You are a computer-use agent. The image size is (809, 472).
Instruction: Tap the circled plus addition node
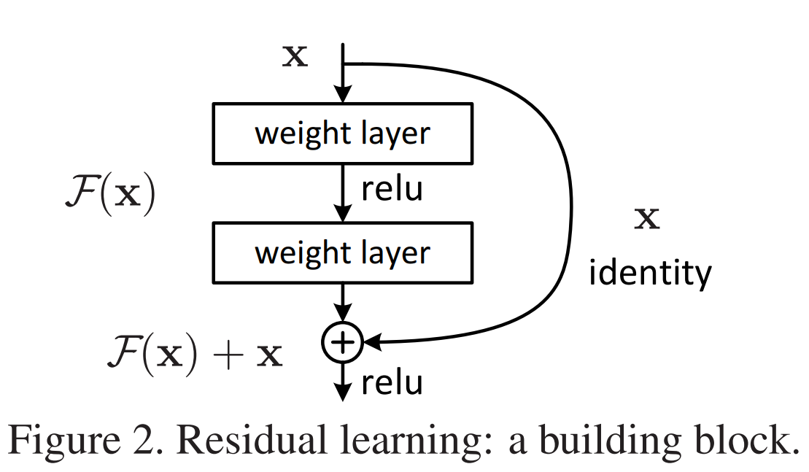(342, 341)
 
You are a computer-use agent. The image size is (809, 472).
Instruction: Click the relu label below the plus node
(392, 382)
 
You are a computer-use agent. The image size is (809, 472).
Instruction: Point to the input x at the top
(295, 57)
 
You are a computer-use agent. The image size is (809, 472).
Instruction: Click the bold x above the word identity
(646, 219)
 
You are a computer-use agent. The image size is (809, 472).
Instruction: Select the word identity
(649, 274)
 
